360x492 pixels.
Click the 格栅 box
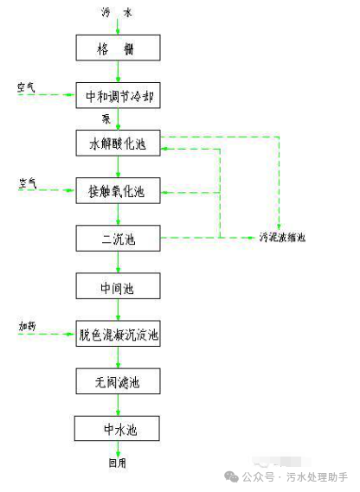coord(119,48)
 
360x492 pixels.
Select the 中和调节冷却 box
coord(119,95)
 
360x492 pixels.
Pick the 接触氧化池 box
coord(119,191)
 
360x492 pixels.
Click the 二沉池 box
coord(119,238)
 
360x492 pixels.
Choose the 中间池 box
coord(119,286)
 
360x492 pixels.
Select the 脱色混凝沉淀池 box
coord(119,333)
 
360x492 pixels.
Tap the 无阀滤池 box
coord(119,380)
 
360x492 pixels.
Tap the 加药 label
coord(28,325)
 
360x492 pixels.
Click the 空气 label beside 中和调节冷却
coord(26,87)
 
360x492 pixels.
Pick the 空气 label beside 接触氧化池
coord(28,183)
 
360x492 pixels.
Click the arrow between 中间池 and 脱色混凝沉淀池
coord(119,310)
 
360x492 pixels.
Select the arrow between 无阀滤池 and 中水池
coord(119,404)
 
